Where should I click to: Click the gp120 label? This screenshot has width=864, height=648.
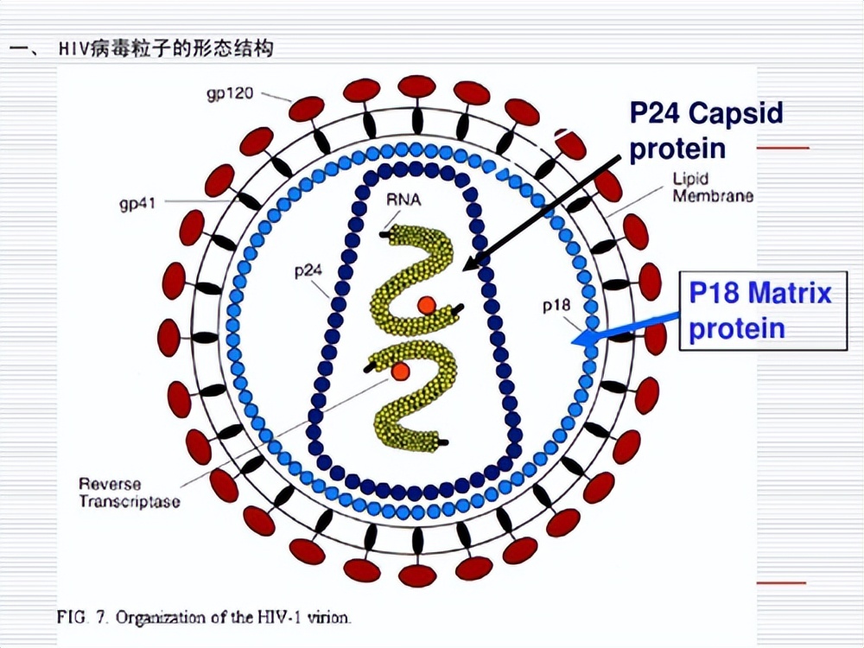(x=230, y=92)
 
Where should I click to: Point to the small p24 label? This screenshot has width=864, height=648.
(x=308, y=270)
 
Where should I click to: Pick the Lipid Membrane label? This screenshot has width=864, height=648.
(x=712, y=187)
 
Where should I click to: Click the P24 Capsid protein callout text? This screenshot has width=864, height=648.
(x=706, y=130)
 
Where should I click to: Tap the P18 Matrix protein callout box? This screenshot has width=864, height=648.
(x=761, y=310)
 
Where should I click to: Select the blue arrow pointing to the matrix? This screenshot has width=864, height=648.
(x=626, y=333)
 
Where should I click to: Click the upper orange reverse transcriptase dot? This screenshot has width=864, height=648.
(x=426, y=305)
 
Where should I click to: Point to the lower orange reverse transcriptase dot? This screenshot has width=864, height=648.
(x=399, y=371)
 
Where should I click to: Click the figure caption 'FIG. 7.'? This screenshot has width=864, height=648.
(x=83, y=618)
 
